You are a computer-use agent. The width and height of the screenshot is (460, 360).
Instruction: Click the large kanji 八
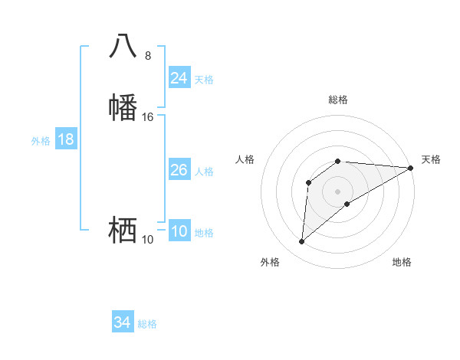point(123,47)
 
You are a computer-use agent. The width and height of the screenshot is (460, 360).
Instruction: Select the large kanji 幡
point(123,107)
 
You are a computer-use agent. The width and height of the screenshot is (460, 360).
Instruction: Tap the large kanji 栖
point(123,229)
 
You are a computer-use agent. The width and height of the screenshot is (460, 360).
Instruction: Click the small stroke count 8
point(148,56)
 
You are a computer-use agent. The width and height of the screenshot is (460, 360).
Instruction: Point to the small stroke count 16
point(148,117)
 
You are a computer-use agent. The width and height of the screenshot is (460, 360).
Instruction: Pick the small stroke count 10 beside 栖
point(148,240)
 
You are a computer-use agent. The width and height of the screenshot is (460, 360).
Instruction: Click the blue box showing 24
point(179,77)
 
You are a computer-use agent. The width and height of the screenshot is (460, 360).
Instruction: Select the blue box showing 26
point(179,170)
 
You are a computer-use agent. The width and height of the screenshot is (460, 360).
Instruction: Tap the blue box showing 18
point(66,139)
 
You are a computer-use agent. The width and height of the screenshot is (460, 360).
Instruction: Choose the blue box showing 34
point(123,322)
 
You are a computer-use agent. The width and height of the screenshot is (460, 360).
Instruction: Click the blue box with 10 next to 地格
point(179,231)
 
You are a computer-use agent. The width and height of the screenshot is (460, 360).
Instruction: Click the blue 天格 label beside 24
point(204,79)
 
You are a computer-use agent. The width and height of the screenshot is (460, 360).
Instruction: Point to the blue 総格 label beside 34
point(147,324)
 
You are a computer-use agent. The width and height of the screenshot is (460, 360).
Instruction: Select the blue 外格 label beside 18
point(41,141)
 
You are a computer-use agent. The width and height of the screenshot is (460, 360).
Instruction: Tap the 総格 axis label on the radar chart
point(338,100)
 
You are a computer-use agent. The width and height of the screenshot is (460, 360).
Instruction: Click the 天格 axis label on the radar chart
point(431,159)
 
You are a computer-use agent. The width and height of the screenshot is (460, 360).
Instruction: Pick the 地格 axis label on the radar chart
point(402,262)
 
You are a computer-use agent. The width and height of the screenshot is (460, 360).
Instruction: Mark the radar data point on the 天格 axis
point(411,168)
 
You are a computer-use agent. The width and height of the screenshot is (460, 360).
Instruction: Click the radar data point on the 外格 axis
point(301,242)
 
